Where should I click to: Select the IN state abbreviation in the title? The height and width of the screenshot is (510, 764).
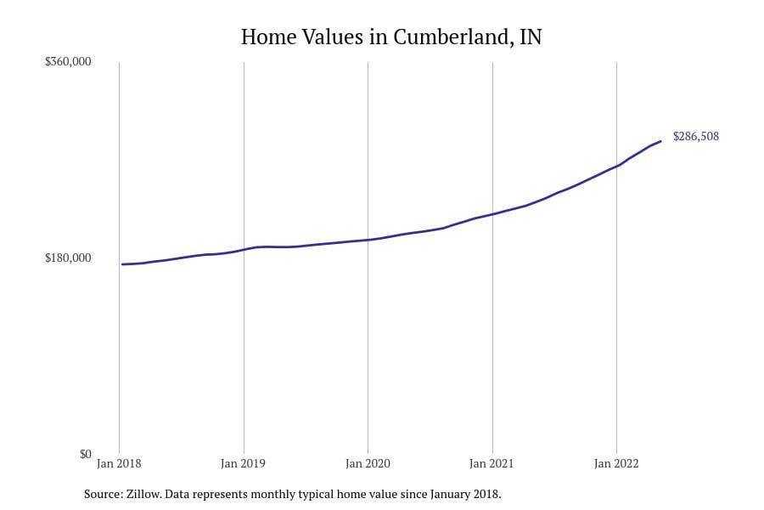pyautogui.click(x=530, y=37)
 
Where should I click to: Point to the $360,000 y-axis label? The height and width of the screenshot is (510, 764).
pyautogui.click(x=68, y=62)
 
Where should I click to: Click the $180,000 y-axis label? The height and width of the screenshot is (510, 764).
pyautogui.click(x=68, y=258)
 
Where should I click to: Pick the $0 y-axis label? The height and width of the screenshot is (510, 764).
pyautogui.click(x=85, y=454)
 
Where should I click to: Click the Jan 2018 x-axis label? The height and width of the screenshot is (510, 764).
pyautogui.click(x=119, y=463)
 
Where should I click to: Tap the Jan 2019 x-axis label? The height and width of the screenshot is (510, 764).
pyautogui.click(x=243, y=463)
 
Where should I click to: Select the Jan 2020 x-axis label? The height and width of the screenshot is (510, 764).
pyautogui.click(x=368, y=463)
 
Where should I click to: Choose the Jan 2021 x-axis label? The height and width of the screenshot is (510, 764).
pyautogui.click(x=492, y=463)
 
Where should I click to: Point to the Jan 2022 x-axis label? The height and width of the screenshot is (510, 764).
pyautogui.click(x=615, y=463)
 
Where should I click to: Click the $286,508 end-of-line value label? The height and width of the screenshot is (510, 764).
pyautogui.click(x=696, y=136)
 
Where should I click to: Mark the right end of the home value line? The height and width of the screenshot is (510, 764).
pyautogui.click(x=660, y=141)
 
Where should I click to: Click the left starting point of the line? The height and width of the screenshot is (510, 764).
pyautogui.click(x=122, y=264)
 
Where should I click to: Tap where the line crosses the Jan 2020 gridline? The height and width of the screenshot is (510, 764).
pyautogui.click(x=368, y=240)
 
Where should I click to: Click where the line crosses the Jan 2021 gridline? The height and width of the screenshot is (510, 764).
pyautogui.click(x=492, y=213)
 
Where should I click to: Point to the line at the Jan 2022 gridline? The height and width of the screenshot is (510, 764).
pyautogui.click(x=616, y=166)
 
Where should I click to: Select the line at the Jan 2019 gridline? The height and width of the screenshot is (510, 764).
pyautogui.click(x=244, y=249)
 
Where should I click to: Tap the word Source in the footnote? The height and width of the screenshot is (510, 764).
pyautogui.click(x=103, y=494)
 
